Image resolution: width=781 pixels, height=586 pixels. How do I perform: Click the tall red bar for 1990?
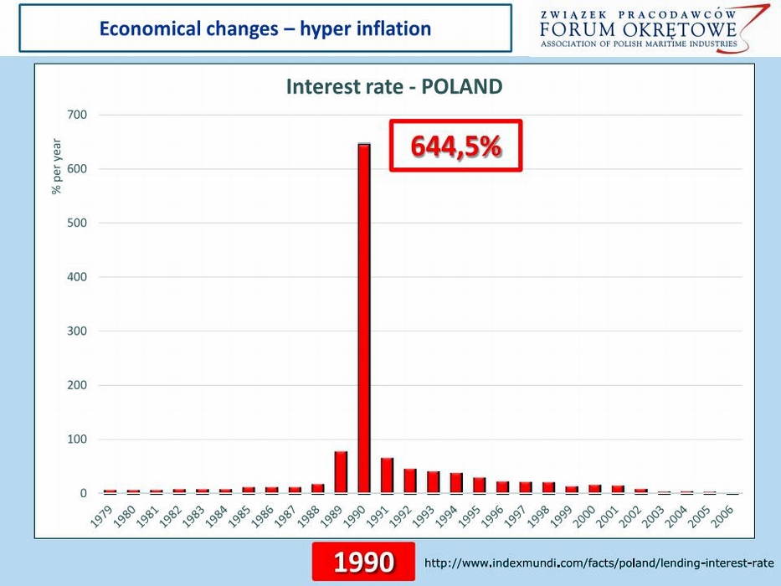(364, 318)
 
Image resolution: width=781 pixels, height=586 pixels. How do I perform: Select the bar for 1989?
(341, 473)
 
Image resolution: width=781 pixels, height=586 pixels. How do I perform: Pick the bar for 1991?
(387, 476)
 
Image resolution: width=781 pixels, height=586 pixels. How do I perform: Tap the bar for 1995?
(480, 486)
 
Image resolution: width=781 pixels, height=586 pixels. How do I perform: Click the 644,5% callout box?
(456, 146)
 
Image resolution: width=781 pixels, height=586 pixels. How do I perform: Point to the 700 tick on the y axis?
(77, 115)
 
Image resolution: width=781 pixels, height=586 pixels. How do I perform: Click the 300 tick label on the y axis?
(77, 332)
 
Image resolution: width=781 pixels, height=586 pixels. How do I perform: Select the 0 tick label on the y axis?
(83, 494)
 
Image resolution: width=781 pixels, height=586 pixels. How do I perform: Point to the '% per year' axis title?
(57, 167)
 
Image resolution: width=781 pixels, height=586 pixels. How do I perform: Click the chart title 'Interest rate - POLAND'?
(394, 87)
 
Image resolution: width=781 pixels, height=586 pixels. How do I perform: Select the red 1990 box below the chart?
(363, 563)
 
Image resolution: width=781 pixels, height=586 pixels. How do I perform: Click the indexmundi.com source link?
(599, 563)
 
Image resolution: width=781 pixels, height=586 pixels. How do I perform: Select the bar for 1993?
(433, 483)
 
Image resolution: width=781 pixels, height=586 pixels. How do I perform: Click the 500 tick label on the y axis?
(77, 224)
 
